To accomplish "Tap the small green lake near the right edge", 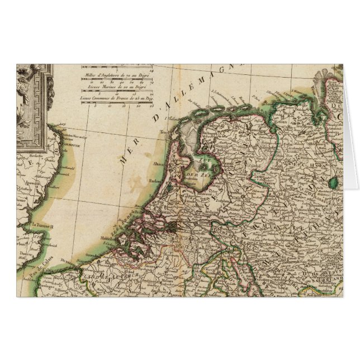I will click(x=334, y=182).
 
